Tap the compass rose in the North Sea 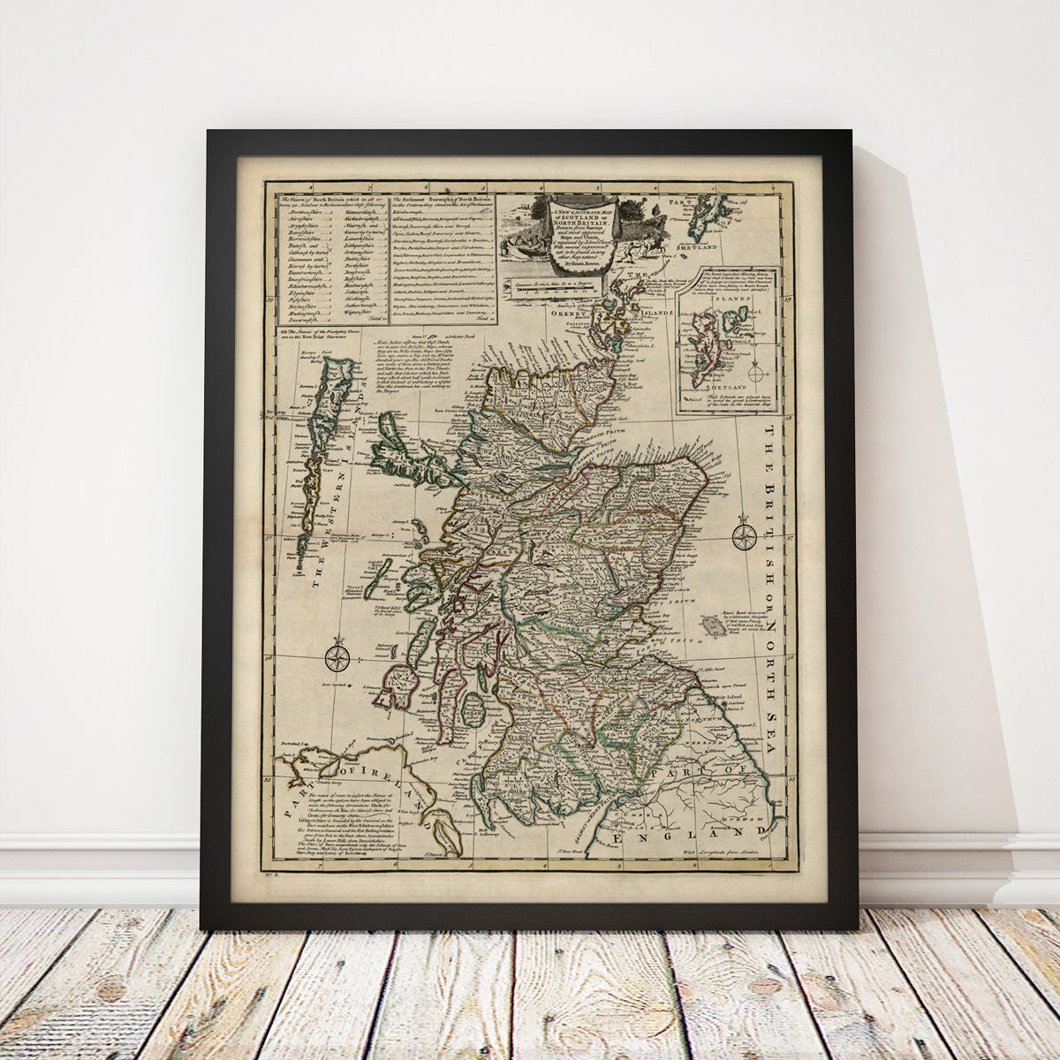[745, 535]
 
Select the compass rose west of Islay [337, 656]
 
